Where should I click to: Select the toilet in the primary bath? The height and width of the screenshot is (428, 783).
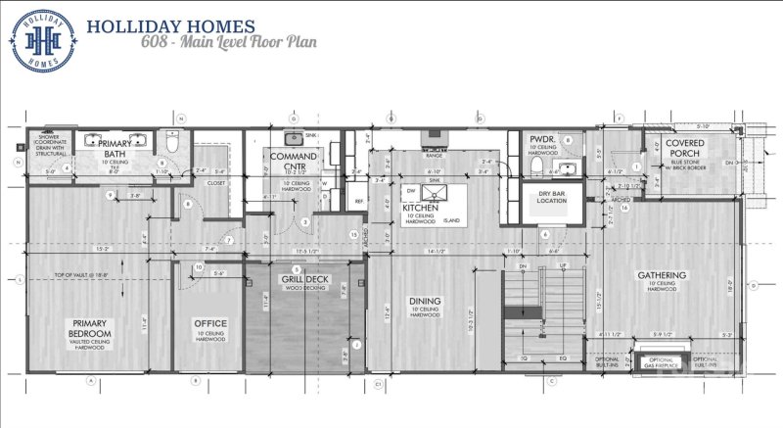172,143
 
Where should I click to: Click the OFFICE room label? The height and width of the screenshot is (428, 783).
209,324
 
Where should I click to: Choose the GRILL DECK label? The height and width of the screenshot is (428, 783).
305,280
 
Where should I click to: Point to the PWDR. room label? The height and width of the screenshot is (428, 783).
543,140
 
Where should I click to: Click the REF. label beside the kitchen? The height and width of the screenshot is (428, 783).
359,203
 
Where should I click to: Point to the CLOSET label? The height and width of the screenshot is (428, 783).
217,182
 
